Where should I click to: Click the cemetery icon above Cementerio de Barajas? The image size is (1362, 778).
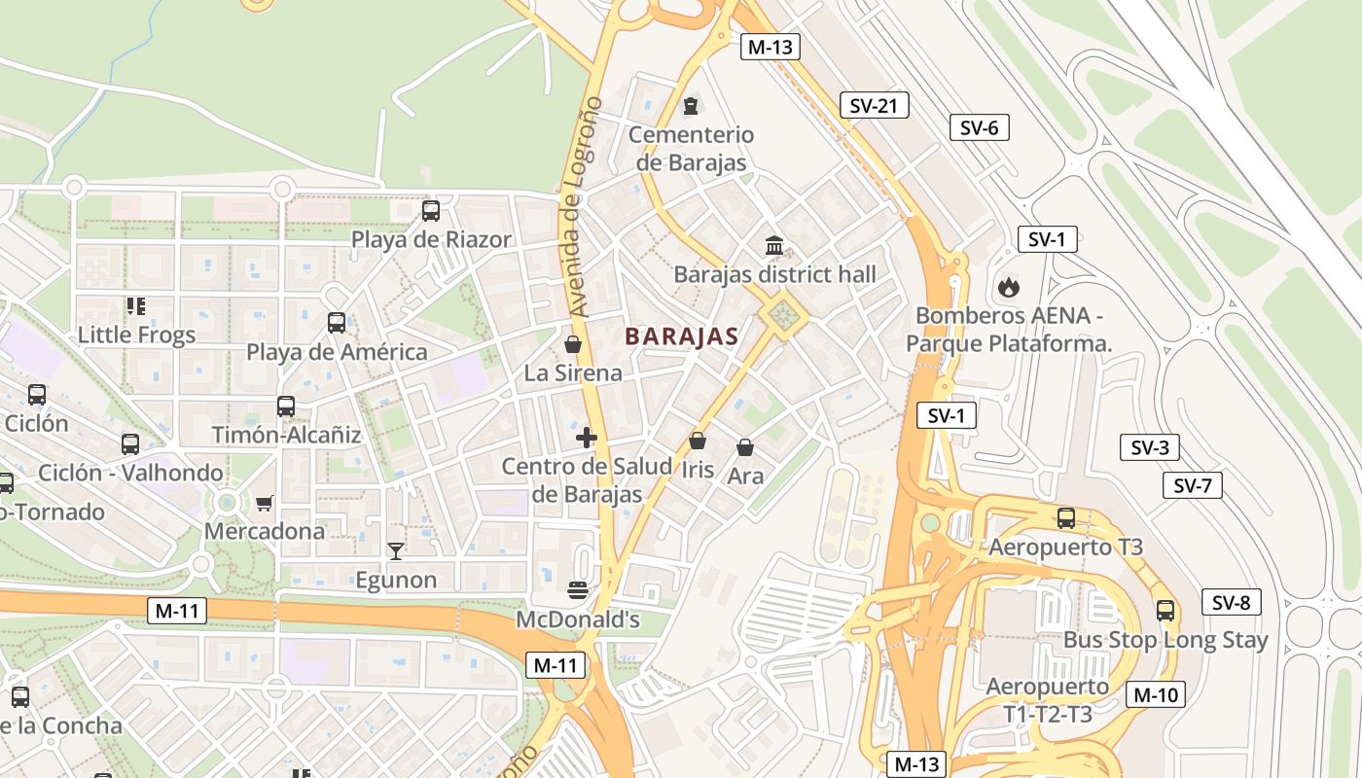tap(691, 105)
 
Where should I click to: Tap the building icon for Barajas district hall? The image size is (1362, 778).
tap(774, 245)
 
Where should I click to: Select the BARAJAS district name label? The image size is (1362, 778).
tap(681, 336)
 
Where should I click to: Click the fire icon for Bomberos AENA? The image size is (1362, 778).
tap(1008, 287)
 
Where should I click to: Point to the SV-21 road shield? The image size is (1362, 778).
tap(873, 105)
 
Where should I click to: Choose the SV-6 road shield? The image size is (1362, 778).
tap(979, 127)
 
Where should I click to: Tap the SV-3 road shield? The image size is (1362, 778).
tap(1149, 447)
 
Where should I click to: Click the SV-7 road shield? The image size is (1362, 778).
tap(1192, 484)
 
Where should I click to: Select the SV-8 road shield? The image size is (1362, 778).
tap(1231, 602)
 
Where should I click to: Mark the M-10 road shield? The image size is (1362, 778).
tap(1155, 694)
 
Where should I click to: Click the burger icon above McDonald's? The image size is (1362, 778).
tap(578, 589)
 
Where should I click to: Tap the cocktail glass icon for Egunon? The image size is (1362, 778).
tap(395, 551)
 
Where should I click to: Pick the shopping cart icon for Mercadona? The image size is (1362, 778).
tap(264, 503)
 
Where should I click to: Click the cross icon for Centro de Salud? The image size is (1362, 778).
tap(587, 438)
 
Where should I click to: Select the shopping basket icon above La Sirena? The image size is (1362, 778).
tap(573, 344)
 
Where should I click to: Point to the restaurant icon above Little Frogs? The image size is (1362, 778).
tap(136, 306)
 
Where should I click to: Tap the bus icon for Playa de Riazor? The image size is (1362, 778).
tap(430, 210)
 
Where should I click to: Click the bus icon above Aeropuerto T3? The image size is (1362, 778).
tap(1066, 517)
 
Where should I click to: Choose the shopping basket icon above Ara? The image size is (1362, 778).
tap(745, 447)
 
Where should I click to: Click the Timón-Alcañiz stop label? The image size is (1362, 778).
tap(286, 435)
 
